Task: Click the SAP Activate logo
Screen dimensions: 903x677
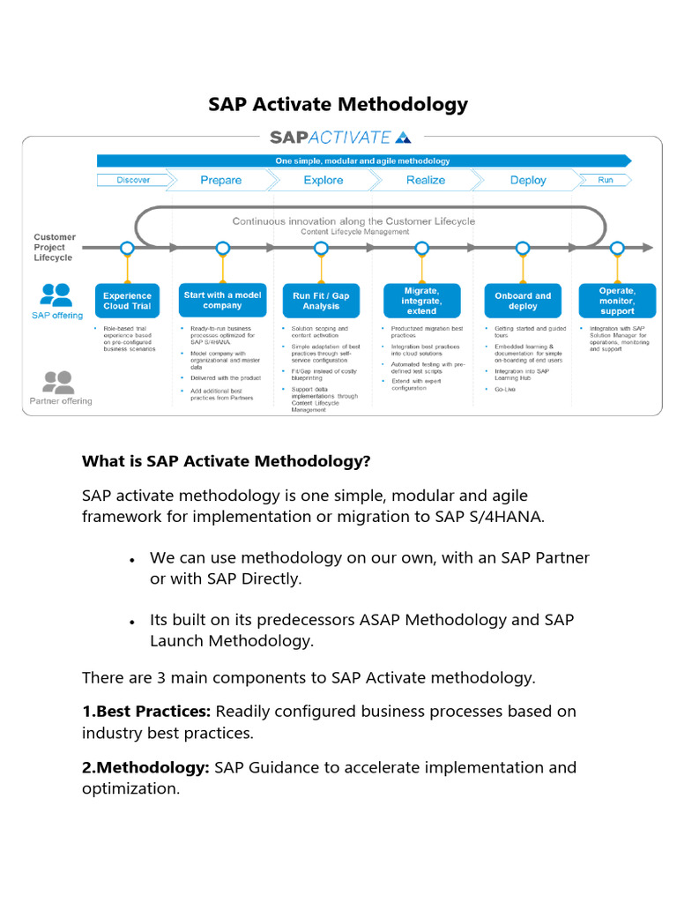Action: tap(339, 137)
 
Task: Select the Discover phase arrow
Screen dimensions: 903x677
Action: tap(132, 180)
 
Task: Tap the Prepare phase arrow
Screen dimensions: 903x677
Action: tap(220, 180)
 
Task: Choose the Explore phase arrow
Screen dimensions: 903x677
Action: tap(323, 180)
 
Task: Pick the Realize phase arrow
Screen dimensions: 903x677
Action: tap(425, 180)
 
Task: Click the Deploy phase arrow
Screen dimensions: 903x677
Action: tap(527, 180)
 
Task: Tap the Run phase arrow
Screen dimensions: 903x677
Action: tap(605, 180)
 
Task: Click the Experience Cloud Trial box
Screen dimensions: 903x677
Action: tap(127, 301)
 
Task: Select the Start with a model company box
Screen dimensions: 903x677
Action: tap(222, 301)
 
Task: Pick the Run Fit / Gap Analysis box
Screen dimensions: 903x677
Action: tap(321, 301)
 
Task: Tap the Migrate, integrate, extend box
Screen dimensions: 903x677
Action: tap(421, 301)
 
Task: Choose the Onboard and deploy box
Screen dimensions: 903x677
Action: tap(523, 301)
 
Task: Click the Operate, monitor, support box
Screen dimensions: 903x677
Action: tap(617, 301)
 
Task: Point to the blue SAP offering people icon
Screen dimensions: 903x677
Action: tap(56, 295)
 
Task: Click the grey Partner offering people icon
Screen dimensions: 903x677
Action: tap(58, 381)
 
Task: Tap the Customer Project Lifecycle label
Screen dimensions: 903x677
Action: tap(55, 247)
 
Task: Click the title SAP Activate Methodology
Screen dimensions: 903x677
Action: tap(338, 104)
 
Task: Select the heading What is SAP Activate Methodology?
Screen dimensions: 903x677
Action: tap(226, 461)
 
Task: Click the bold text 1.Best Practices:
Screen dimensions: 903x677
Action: tap(146, 711)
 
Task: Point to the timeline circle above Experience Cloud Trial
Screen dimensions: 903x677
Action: tap(127, 248)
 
